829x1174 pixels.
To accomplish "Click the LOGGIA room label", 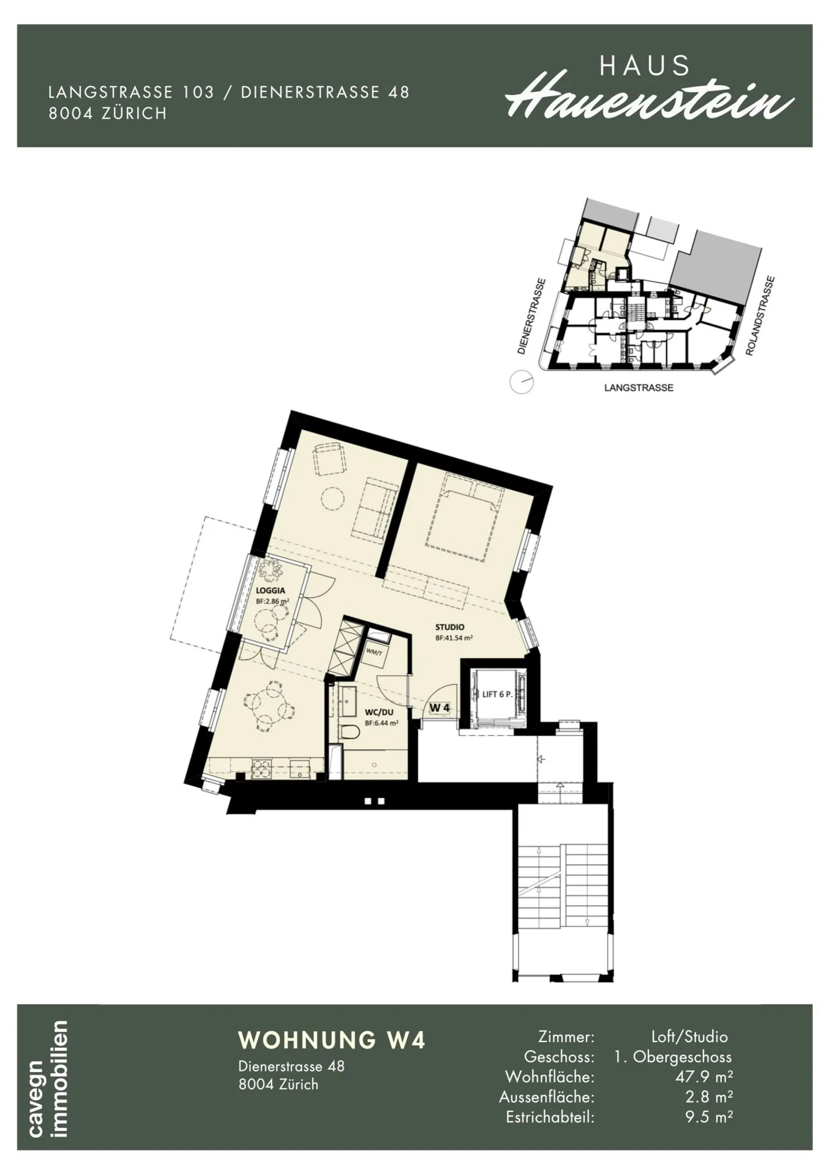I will (x=271, y=590).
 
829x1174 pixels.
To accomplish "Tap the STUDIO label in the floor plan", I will (x=450, y=627).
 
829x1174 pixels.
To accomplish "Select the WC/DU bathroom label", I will (x=379, y=712).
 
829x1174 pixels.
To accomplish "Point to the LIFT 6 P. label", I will (x=497, y=694).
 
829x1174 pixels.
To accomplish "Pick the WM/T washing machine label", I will (x=374, y=651).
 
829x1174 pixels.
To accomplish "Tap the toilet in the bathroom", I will (x=349, y=732).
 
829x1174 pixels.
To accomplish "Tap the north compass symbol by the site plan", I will (x=522, y=382).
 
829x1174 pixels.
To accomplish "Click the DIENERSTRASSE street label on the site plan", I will (x=530, y=316).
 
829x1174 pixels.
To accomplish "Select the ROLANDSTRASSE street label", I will (x=761, y=316).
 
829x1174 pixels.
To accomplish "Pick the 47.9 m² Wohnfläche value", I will (x=703, y=1076).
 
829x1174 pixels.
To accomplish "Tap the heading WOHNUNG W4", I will (x=332, y=1040).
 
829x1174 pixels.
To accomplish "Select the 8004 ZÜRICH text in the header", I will (x=108, y=113).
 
